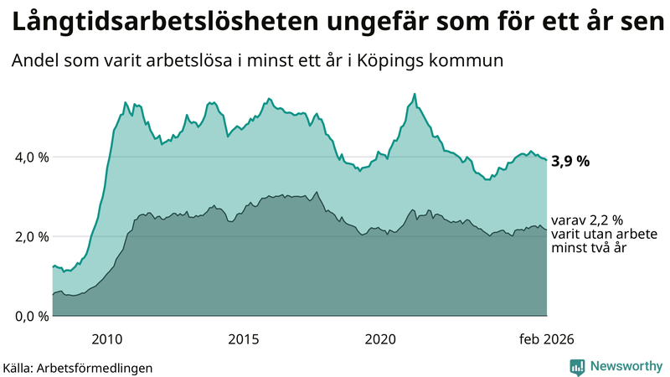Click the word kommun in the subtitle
pos(473,61)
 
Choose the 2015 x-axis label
pos(244,338)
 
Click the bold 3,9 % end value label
pos(570,162)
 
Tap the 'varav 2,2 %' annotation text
pos(586,220)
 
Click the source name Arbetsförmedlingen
pos(100,367)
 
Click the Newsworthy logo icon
pos(577,366)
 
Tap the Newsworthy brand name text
pos(625,366)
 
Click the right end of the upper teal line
pos(547,160)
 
